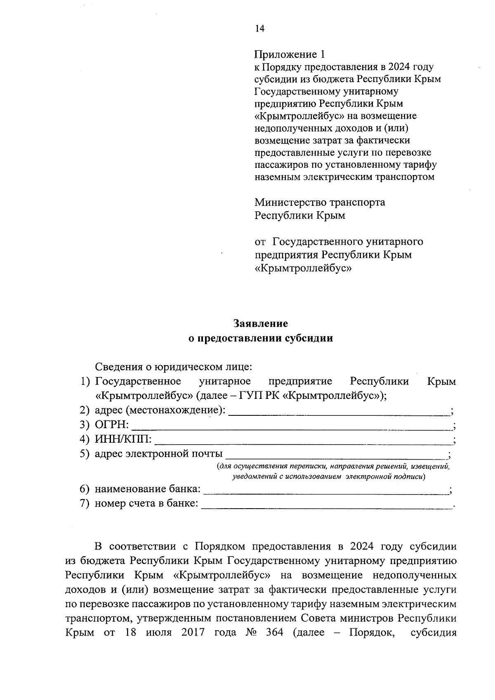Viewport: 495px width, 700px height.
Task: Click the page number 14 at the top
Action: point(259,28)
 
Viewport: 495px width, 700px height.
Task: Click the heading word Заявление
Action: point(260,323)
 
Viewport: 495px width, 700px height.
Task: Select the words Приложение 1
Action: point(290,54)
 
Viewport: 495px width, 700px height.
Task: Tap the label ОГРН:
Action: point(112,425)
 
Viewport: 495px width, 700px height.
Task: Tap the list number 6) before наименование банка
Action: point(85,489)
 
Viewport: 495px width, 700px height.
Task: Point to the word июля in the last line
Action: point(158,644)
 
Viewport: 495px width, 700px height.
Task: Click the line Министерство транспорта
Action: point(320,203)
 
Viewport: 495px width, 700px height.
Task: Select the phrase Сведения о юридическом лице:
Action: point(173,366)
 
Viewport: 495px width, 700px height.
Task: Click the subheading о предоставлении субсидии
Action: point(260,338)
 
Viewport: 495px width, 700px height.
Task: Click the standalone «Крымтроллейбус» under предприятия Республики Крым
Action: point(303,269)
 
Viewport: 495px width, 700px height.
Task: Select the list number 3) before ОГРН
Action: point(85,425)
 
